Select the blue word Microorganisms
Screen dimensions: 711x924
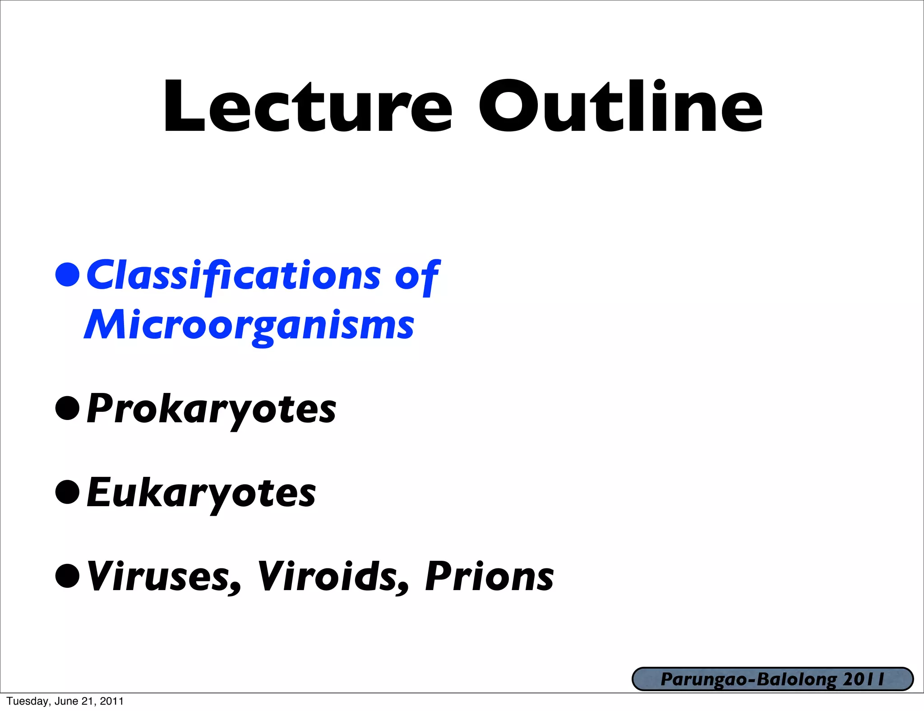click(x=249, y=326)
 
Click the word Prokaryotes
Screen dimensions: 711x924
click(x=211, y=410)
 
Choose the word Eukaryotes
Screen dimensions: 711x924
click(x=201, y=494)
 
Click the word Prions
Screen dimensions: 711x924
click(x=490, y=577)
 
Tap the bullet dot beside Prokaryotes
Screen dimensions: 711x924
click(x=68, y=408)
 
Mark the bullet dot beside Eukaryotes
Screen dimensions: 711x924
click(x=68, y=492)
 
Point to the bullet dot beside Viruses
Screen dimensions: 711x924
click(x=68, y=576)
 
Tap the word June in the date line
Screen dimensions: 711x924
click(x=67, y=702)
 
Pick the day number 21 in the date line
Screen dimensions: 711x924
click(x=88, y=702)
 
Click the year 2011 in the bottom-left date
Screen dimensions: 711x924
click(x=111, y=702)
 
